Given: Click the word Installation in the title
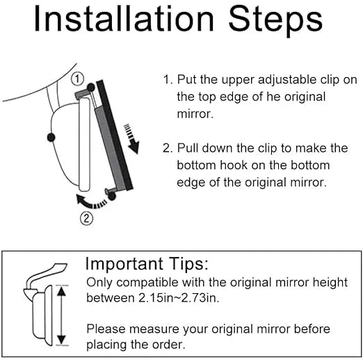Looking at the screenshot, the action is pyautogui.click(x=124, y=19).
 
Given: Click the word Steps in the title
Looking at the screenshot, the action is pyautogui.click(x=275, y=21).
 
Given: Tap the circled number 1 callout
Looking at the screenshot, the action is pyautogui.click(x=77, y=79).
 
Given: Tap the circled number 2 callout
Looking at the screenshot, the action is pyautogui.click(x=86, y=219).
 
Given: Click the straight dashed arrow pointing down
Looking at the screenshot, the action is pyautogui.click(x=132, y=139).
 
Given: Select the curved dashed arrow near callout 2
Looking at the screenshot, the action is pyautogui.click(x=91, y=202).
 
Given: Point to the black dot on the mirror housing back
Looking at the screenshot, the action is pyautogui.click(x=51, y=137).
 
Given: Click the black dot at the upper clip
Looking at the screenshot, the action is pyautogui.click(x=91, y=88).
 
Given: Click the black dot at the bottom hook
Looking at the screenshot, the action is pyautogui.click(x=112, y=196).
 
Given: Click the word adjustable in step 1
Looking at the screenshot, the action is pyautogui.click(x=287, y=80).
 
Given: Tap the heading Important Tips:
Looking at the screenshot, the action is pyautogui.click(x=147, y=264).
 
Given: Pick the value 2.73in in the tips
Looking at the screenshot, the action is pyautogui.click(x=200, y=298).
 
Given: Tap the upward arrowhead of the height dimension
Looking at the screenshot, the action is pyautogui.click(x=61, y=291).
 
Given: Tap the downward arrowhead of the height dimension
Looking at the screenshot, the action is pyautogui.click(x=61, y=340).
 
